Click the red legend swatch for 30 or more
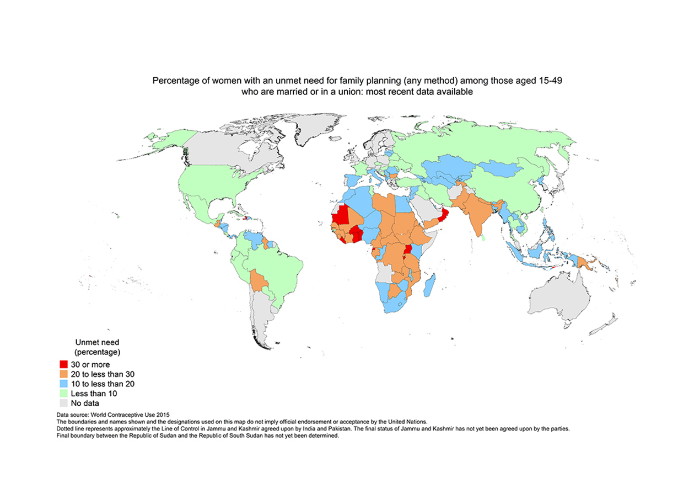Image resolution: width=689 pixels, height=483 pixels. point(63,364)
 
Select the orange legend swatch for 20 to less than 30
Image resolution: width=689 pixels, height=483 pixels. point(63,374)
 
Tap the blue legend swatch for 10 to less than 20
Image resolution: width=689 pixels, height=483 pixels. point(63,384)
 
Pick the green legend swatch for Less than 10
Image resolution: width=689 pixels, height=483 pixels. point(63,394)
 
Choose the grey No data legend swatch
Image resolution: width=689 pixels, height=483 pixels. point(63,403)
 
